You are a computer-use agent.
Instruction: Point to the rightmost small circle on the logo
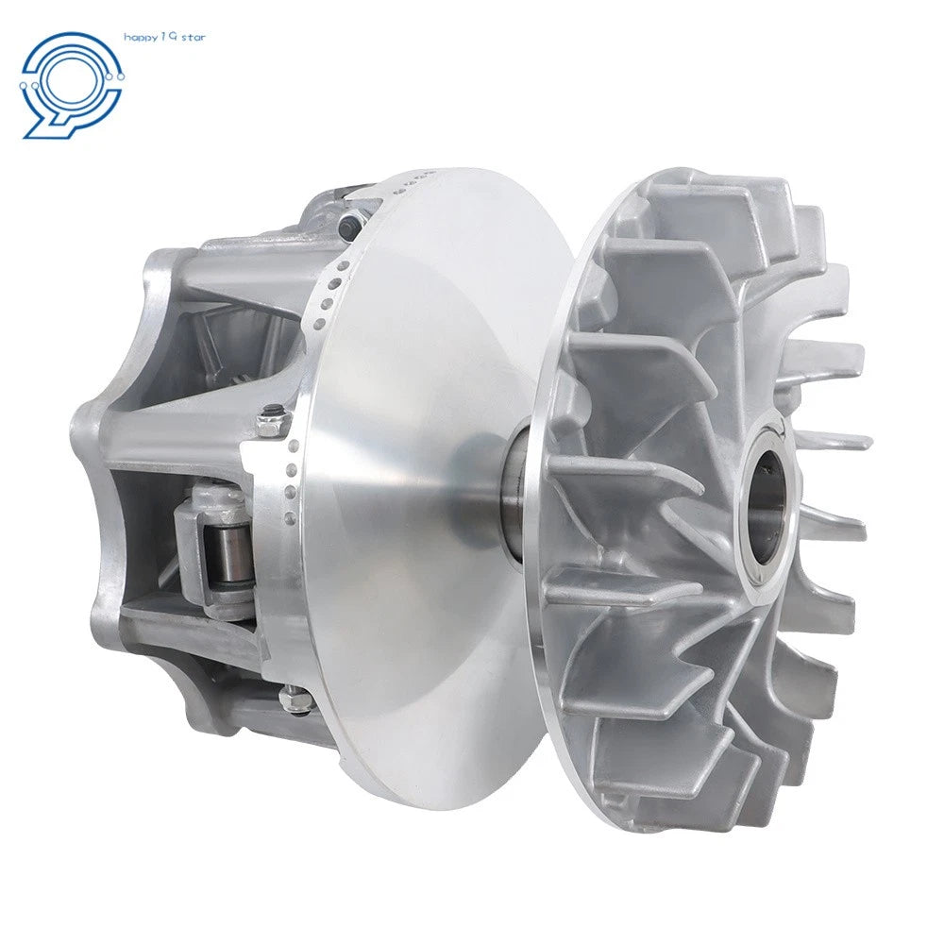(121, 76)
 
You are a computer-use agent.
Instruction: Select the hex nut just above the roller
(271, 419)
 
